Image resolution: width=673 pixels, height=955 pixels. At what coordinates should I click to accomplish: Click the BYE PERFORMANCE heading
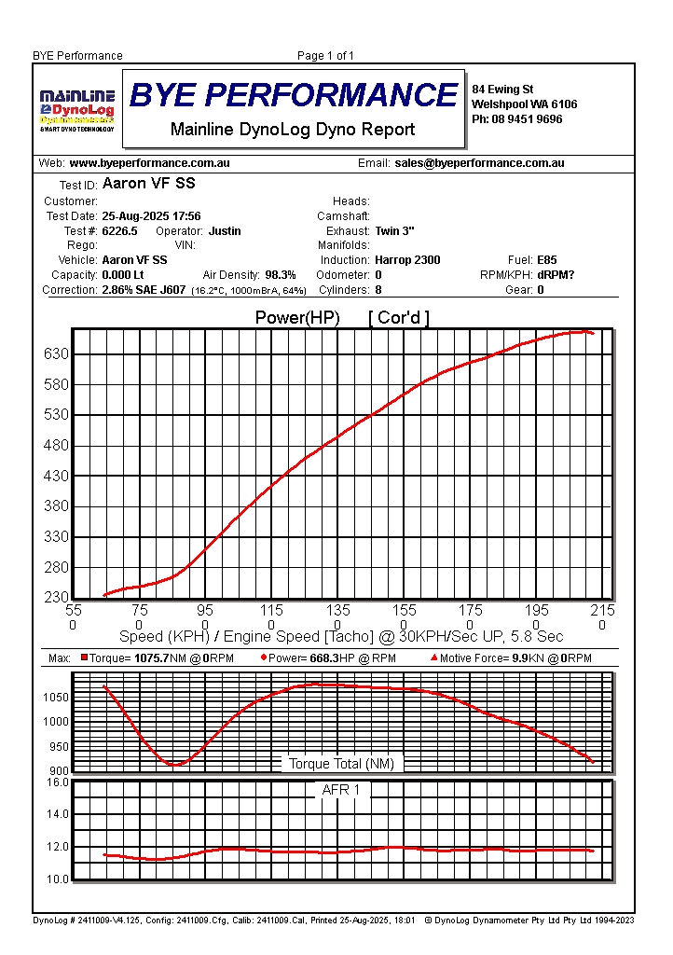click(x=294, y=94)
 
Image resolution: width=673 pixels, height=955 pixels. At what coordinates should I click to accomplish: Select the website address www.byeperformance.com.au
click(x=150, y=163)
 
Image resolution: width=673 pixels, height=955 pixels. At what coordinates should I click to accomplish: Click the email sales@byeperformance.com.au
click(x=479, y=163)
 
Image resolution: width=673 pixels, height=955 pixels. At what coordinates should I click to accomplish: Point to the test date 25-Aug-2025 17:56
click(x=151, y=216)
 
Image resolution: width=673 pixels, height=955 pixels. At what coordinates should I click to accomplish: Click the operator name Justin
click(x=225, y=231)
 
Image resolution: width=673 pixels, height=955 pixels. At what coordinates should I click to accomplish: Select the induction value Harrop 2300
click(x=407, y=260)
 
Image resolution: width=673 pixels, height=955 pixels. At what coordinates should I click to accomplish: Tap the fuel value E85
click(x=547, y=260)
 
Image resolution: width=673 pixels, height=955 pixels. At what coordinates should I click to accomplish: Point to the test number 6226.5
click(x=120, y=231)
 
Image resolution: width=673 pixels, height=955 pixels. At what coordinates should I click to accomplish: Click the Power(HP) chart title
click(x=297, y=318)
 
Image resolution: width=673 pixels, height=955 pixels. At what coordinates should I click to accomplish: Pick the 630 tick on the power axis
click(x=57, y=353)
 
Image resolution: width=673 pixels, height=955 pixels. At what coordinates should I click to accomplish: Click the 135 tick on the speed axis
click(x=337, y=610)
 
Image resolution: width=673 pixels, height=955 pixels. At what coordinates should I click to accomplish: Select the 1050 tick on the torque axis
click(x=56, y=698)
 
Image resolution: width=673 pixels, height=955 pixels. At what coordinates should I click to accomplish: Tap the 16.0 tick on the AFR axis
click(x=57, y=782)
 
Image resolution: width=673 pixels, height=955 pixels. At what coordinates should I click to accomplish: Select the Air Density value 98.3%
click(x=281, y=275)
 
